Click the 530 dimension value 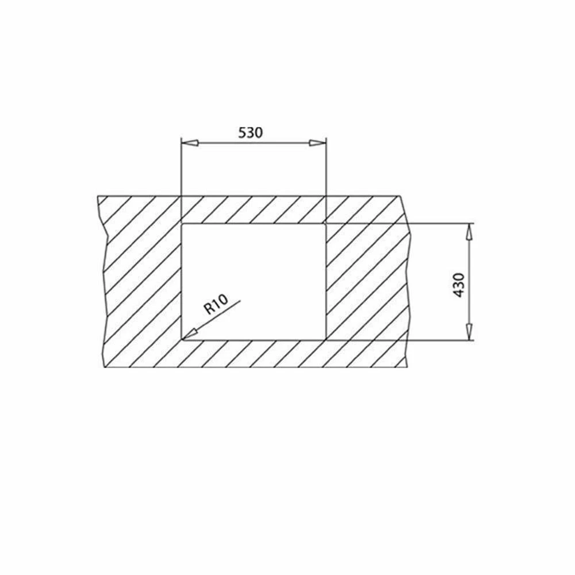(250, 132)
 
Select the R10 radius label (216, 304)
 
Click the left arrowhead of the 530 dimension (189, 143)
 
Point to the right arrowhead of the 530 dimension (317, 143)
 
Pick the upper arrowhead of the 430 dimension (469, 231)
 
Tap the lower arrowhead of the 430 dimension (469, 332)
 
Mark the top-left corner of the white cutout (182, 223)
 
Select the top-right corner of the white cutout (325, 223)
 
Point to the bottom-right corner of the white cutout (325, 340)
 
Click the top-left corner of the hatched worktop (98, 196)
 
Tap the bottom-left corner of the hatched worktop (105, 368)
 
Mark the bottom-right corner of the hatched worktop (408, 368)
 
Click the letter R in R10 (209, 309)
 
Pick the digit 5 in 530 (242, 132)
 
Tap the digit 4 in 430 (459, 293)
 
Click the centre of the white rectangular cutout (254, 282)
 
